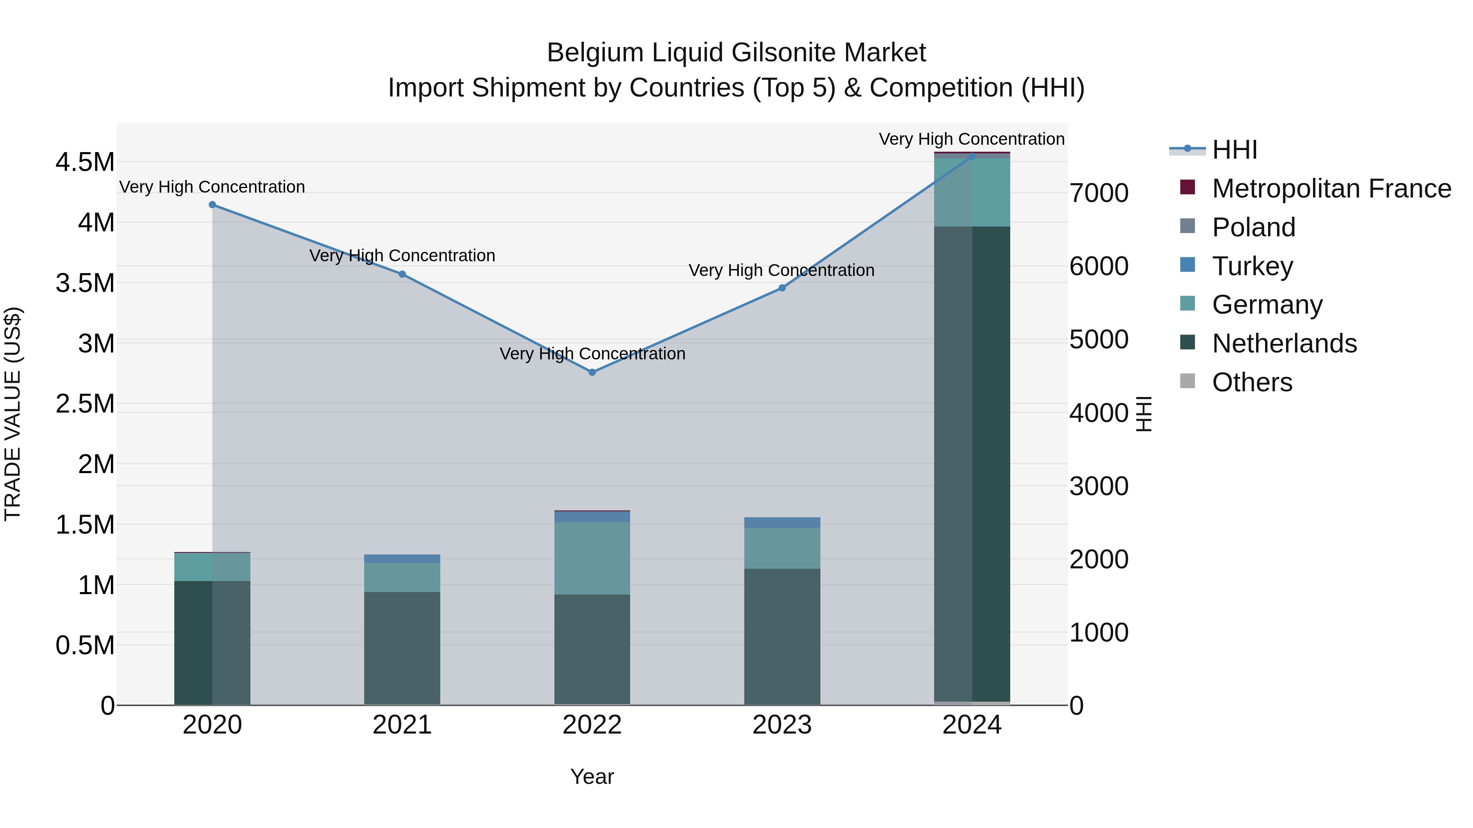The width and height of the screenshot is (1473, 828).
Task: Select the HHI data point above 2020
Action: (x=212, y=204)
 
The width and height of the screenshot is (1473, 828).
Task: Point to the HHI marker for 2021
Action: (x=402, y=274)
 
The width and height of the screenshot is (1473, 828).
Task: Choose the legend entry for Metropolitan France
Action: (x=1331, y=188)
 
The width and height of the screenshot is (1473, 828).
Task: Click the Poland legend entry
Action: (x=1253, y=227)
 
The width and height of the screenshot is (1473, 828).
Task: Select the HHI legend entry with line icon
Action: (x=1234, y=150)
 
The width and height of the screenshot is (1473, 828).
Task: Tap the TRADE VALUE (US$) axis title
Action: (x=13, y=414)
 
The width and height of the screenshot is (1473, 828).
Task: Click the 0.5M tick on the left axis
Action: (x=85, y=646)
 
